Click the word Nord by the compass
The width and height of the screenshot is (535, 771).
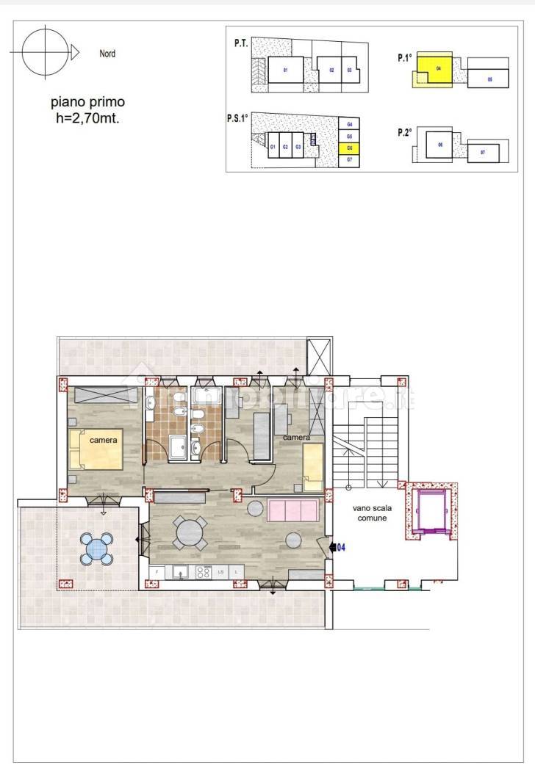pyautogui.click(x=107, y=54)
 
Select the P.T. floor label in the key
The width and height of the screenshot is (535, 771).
pyautogui.click(x=240, y=44)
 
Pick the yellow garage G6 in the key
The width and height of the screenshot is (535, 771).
pyautogui.click(x=350, y=148)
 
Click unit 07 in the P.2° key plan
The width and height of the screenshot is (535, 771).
pyautogui.click(x=483, y=152)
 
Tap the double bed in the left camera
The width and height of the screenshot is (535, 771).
pyautogui.click(x=96, y=448)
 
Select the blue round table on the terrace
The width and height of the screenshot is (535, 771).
pyautogui.click(x=98, y=548)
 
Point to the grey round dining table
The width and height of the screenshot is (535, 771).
pyautogui.click(x=190, y=532)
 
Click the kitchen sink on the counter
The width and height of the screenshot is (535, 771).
pyautogui.click(x=179, y=571)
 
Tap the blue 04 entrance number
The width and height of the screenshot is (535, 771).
pyautogui.click(x=340, y=547)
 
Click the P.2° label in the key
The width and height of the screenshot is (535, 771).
pyautogui.click(x=404, y=131)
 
